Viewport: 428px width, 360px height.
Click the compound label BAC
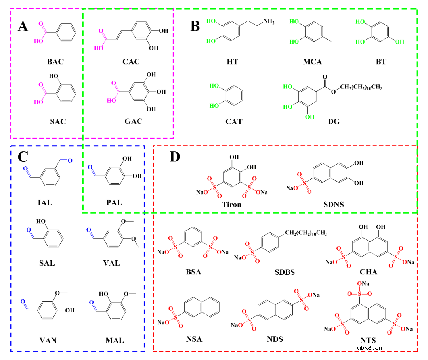click(55, 61)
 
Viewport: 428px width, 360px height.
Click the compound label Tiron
click(232, 205)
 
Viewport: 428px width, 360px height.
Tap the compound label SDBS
click(285, 272)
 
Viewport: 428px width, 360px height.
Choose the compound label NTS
click(368, 340)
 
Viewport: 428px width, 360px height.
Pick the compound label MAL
click(115, 340)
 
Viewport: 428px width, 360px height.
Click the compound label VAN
click(48, 340)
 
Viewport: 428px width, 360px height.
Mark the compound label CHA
click(369, 272)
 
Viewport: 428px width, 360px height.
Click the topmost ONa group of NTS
click(364, 284)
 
